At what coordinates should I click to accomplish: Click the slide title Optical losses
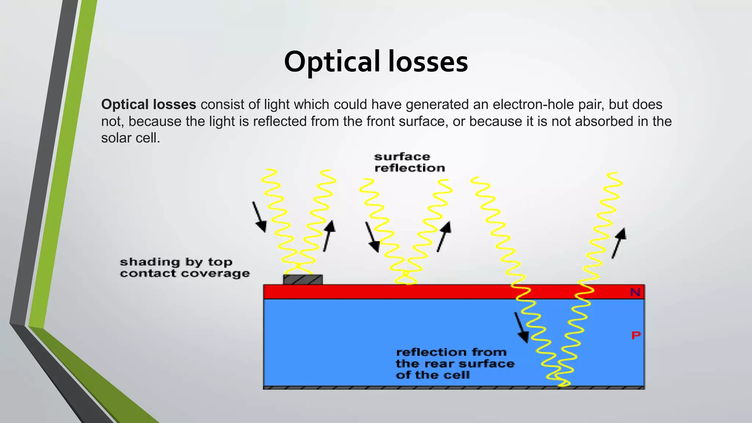tap(376, 62)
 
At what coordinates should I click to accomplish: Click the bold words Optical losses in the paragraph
tap(149, 105)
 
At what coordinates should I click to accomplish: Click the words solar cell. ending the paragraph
tap(130, 138)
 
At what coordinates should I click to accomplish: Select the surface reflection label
tap(409, 162)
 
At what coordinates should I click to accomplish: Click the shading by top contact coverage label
tap(184, 268)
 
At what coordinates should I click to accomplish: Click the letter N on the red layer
tap(635, 292)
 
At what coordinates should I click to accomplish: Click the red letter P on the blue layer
tap(636, 335)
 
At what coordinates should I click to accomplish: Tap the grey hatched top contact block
tap(303, 280)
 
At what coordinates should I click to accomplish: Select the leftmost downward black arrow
tap(259, 217)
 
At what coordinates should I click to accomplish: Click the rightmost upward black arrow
tap(619, 243)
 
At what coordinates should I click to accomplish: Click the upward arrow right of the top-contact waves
tap(329, 236)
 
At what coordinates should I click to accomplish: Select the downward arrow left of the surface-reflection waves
tap(372, 237)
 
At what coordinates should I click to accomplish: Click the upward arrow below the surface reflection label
tap(444, 236)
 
